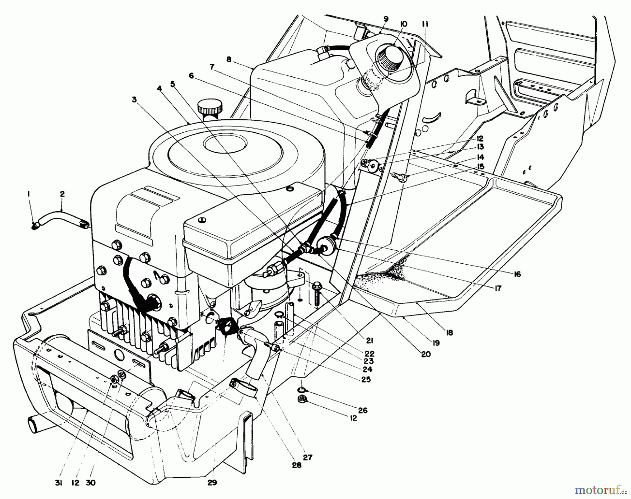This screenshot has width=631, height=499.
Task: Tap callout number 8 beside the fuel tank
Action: (x=229, y=60)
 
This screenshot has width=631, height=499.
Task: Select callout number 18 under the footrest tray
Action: (x=449, y=333)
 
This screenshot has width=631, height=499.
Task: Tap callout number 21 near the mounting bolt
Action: (x=371, y=340)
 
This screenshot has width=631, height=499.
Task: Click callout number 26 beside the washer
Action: (x=363, y=410)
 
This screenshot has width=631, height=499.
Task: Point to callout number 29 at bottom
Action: (x=212, y=483)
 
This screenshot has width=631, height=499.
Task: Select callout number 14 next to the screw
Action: (x=480, y=157)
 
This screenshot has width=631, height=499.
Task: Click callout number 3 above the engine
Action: (x=134, y=99)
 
